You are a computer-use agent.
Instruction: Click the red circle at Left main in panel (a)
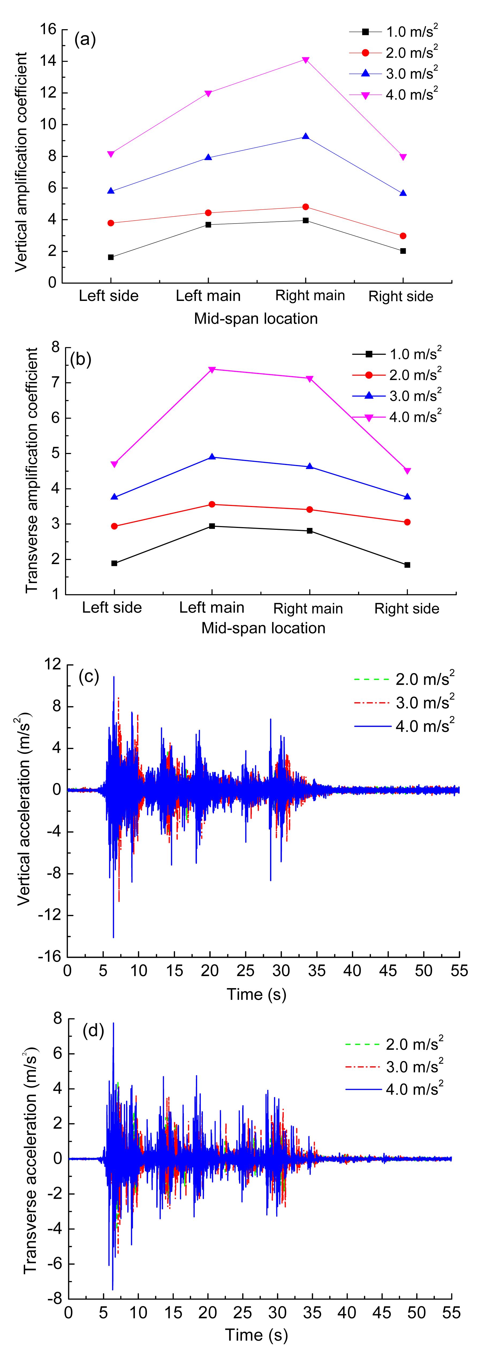pyautogui.click(x=208, y=213)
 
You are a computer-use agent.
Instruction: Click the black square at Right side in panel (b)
pyautogui.click(x=407, y=565)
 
